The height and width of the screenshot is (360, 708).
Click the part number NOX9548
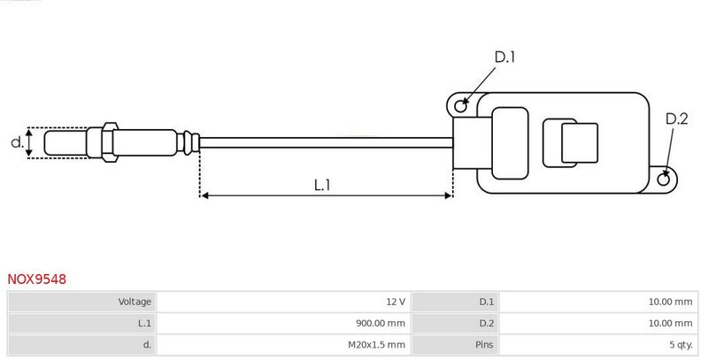36,279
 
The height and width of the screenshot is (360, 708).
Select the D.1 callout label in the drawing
504,57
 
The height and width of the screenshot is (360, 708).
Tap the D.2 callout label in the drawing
676,119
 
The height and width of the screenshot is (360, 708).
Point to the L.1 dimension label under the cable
322,185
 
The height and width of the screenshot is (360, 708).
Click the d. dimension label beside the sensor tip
15,142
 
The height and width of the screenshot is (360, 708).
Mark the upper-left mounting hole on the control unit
460,106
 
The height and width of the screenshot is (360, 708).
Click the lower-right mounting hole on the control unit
665,180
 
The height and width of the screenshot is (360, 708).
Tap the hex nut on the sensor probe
108,142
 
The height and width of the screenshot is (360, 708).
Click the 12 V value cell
396,302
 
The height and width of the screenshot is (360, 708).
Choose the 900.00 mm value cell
379,323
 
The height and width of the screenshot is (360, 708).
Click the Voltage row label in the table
135,302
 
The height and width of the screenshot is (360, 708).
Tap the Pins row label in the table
485,344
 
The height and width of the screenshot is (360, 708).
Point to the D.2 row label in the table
486,323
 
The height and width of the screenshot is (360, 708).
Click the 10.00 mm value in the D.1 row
671,302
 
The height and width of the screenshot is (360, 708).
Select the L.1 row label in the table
143,323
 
